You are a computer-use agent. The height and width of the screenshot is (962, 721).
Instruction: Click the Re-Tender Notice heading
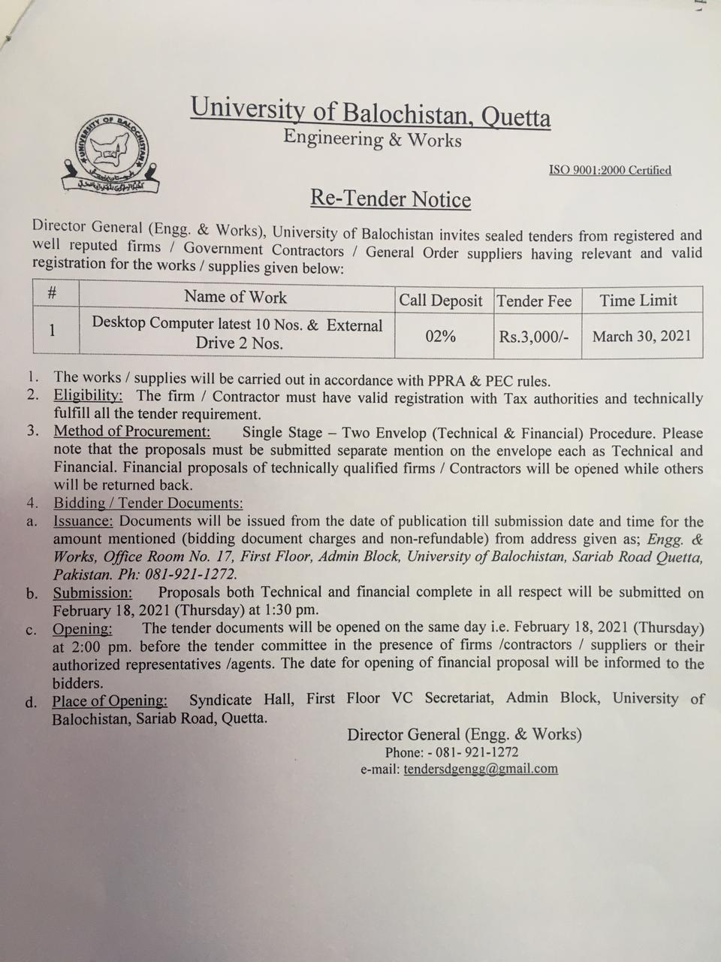[x=391, y=199]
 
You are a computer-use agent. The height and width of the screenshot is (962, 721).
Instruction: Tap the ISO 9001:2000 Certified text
[x=610, y=170]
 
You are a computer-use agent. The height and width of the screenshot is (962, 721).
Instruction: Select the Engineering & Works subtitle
[x=372, y=138]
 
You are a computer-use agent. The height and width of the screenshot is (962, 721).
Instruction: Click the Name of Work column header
[x=235, y=297]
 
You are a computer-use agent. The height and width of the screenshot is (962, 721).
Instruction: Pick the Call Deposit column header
[x=440, y=301]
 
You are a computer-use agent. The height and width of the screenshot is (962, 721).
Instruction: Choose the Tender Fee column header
[x=534, y=301]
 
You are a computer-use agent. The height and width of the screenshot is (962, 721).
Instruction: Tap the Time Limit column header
[x=638, y=301]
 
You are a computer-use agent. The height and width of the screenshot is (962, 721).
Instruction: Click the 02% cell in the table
[x=440, y=336]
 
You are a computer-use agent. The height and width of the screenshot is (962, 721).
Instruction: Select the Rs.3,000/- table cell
[x=534, y=337]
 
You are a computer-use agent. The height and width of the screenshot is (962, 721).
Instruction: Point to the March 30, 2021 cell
[x=641, y=336]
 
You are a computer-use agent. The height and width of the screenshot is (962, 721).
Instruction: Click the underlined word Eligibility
[x=88, y=395]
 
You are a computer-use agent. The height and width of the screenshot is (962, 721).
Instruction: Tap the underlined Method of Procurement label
[x=132, y=431]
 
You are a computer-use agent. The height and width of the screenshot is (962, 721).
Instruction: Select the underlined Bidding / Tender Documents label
[x=148, y=504]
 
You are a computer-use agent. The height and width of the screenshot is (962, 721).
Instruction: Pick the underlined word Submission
[x=92, y=592]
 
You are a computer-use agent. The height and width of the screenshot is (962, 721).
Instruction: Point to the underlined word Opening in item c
[x=83, y=628]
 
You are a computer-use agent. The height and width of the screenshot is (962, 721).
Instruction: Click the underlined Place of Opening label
[x=110, y=700]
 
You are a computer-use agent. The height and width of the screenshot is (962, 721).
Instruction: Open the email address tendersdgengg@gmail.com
[x=481, y=768]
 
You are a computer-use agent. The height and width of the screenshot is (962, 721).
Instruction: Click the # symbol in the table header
[x=52, y=292]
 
